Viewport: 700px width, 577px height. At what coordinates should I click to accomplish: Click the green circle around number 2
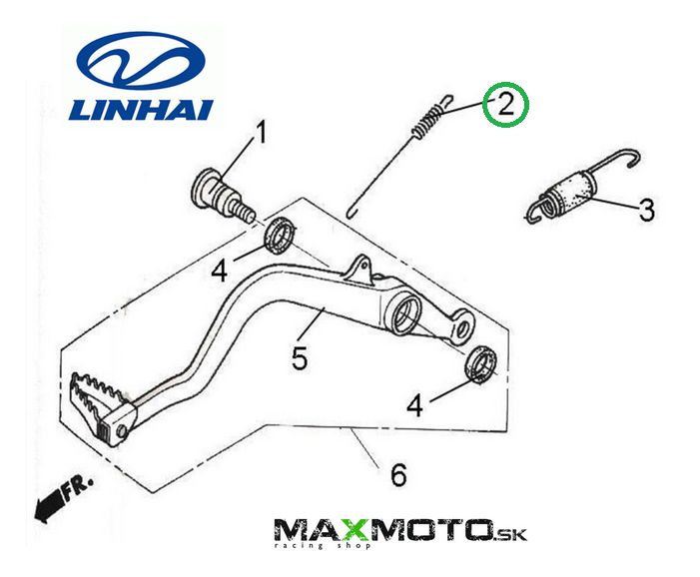(504, 106)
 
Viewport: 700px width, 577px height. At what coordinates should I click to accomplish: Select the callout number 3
(645, 211)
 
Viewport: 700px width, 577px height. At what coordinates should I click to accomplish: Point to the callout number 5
(300, 356)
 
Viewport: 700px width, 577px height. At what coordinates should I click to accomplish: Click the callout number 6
(397, 475)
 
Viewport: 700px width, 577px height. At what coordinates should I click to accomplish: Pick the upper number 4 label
(221, 270)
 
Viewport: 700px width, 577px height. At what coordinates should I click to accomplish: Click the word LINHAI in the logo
(140, 108)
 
